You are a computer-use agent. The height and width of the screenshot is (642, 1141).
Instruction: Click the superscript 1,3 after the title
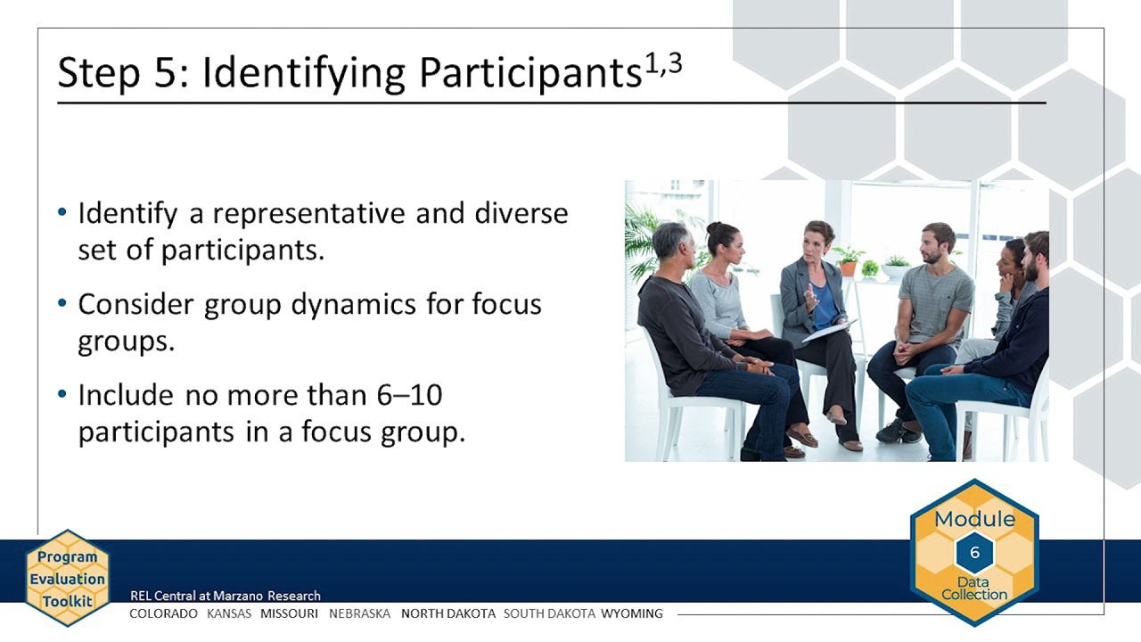point(663,65)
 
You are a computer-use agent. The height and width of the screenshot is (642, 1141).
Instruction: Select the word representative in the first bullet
point(308,214)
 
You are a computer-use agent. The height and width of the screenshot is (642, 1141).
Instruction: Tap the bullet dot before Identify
point(62,212)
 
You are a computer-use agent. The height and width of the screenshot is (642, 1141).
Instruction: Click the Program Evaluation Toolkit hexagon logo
point(67,579)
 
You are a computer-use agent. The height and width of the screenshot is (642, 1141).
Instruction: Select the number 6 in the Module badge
point(975,552)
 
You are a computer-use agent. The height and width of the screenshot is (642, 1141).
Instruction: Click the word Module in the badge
point(974,519)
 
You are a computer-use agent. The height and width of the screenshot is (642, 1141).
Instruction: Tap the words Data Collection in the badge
point(974,588)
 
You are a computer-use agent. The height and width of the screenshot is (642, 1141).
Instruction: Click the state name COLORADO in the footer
point(163,613)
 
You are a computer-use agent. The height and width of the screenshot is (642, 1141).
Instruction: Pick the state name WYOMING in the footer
point(632,613)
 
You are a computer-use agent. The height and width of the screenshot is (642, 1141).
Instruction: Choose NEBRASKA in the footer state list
point(359,613)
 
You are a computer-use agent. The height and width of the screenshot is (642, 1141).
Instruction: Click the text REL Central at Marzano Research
point(226,596)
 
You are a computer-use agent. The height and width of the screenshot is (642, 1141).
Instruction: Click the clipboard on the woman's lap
point(829,330)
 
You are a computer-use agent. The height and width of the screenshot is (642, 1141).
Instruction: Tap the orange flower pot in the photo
point(848,268)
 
